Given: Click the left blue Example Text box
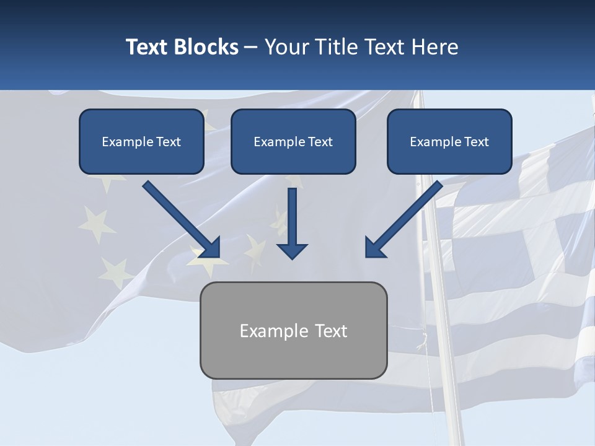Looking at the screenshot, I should click(x=141, y=141).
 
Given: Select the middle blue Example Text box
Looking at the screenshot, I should click(x=293, y=141).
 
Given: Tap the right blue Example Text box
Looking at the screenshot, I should click(x=449, y=141).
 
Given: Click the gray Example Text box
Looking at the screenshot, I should click(x=293, y=330).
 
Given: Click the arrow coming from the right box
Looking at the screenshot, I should click(x=406, y=217).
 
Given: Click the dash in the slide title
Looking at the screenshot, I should click(x=251, y=47).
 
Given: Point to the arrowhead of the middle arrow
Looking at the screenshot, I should click(x=292, y=250).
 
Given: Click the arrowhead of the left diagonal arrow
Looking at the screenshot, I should click(x=211, y=248).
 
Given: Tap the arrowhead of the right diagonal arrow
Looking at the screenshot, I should click(x=374, y=248).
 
